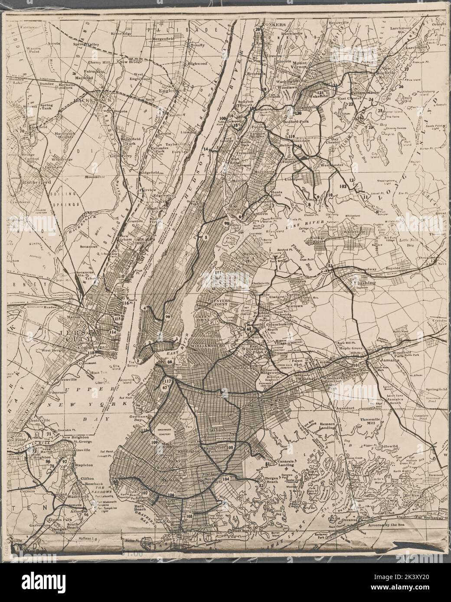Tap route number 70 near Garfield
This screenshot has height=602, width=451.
pyautogui.click(x=22, y=130)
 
